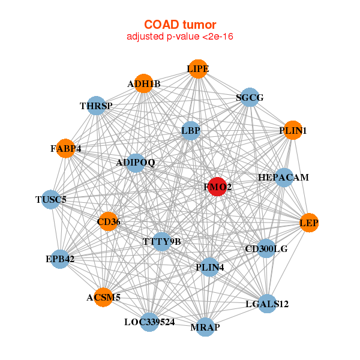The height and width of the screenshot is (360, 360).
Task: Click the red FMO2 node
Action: click(x=217, y=187)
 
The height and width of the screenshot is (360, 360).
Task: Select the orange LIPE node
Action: click(x=197, y=69)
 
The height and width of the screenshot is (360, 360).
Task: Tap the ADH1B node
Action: click(x=143, y=84)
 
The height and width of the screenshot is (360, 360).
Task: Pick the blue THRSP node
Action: click(x=97, y=106)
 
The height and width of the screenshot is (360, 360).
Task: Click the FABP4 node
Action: click(x=66, y=148)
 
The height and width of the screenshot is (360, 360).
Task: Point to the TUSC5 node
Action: click(x=50, y=199)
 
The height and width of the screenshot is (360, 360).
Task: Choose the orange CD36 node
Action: click(x=109, y=222)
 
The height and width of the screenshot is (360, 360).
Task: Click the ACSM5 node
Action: click(x=103, y=297)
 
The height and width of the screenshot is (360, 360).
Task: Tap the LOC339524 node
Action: click(x=150, y=322)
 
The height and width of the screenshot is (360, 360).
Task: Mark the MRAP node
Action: click(x=205, y=327)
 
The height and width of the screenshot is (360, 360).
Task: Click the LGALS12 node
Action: click(x=267, y=304)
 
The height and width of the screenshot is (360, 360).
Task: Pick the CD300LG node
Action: click(x=266, y=248)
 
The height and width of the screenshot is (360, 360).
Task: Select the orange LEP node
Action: click(x=308, y=223)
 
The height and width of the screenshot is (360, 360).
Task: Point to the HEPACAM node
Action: click(x=283, y=178)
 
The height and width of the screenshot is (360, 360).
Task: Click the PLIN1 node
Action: click(x=292, y=130)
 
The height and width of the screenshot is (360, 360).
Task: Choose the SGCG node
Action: click(x=250, y=97)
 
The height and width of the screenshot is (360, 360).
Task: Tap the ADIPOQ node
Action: click(x=136, y=163)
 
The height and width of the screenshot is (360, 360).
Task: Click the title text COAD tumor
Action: click(x=180, y=25)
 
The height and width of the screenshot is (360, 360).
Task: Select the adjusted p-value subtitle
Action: click(x=180, y=37)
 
